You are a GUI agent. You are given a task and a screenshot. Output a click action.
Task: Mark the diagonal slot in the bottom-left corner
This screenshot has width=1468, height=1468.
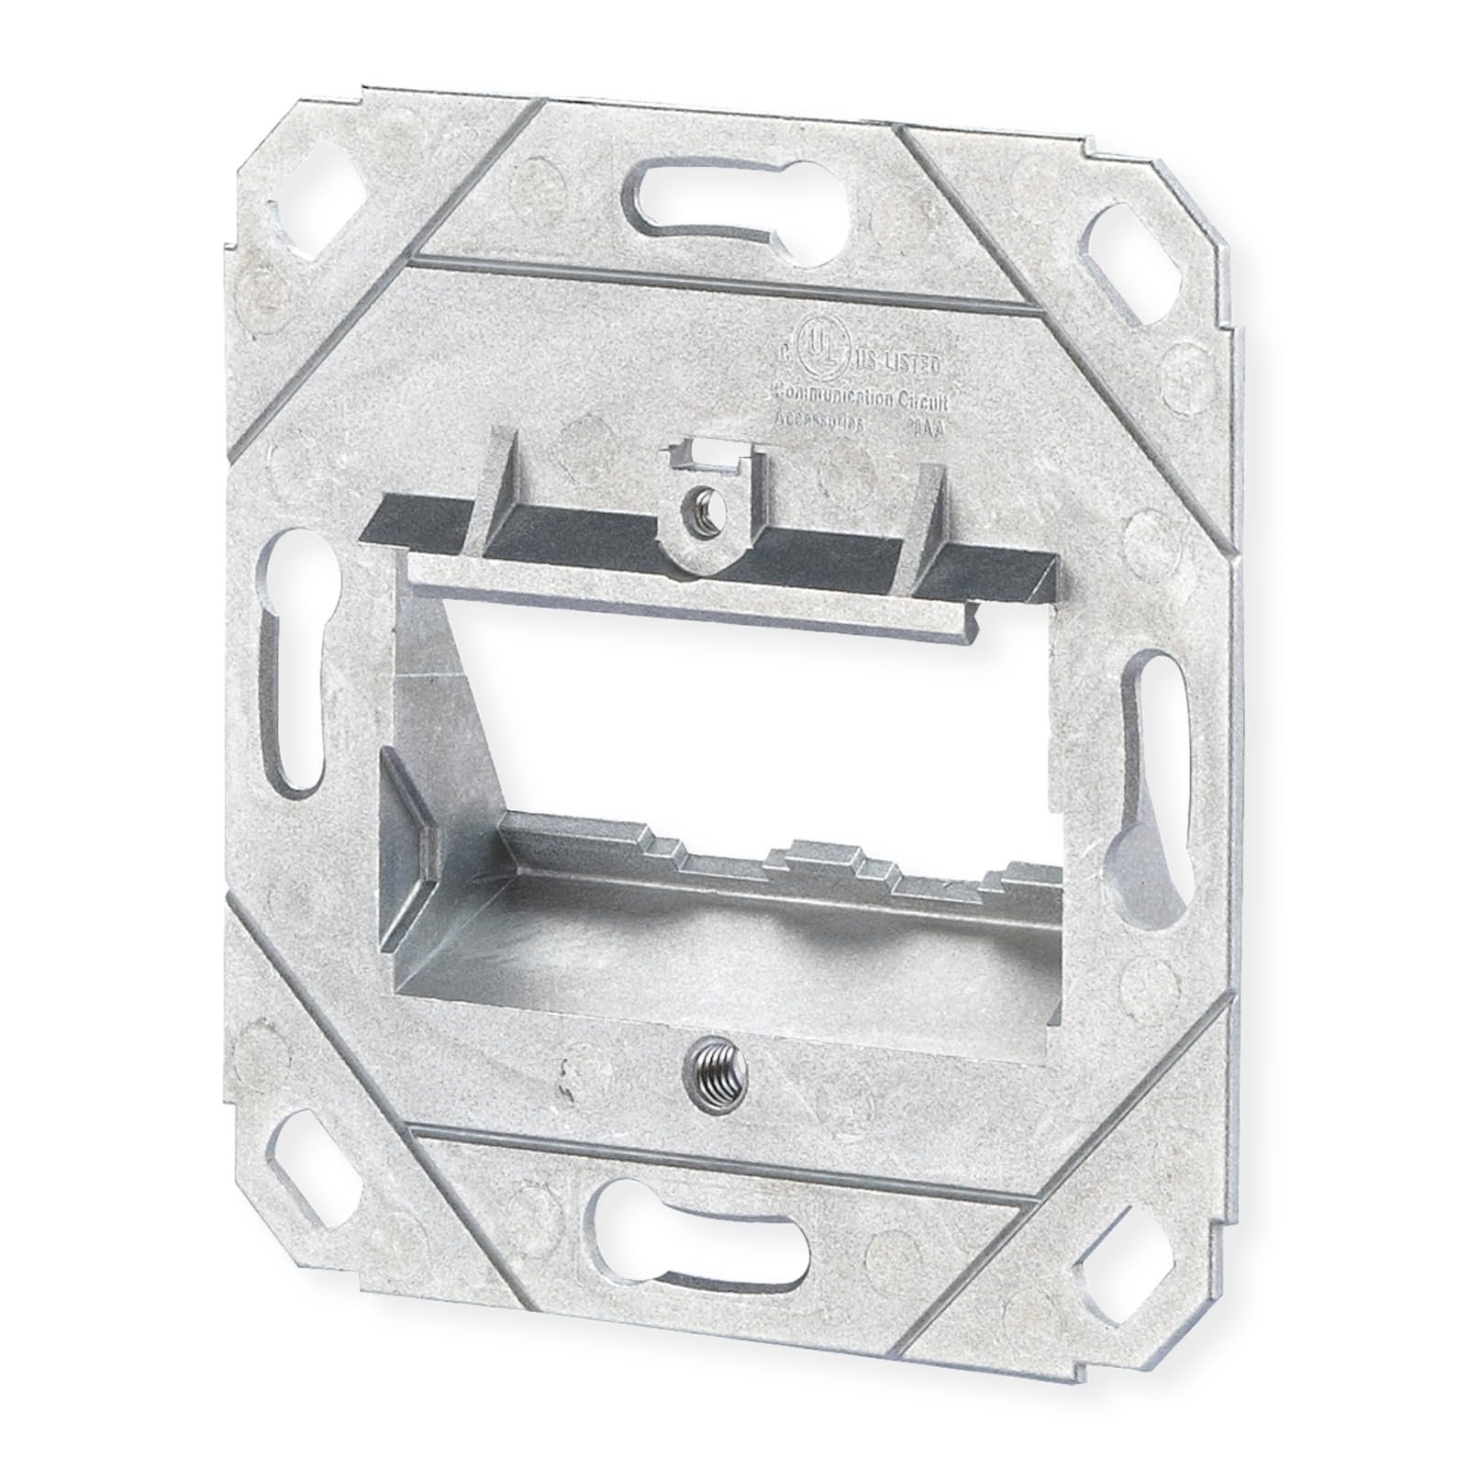pyautogui.click(x=306, y=1139)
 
